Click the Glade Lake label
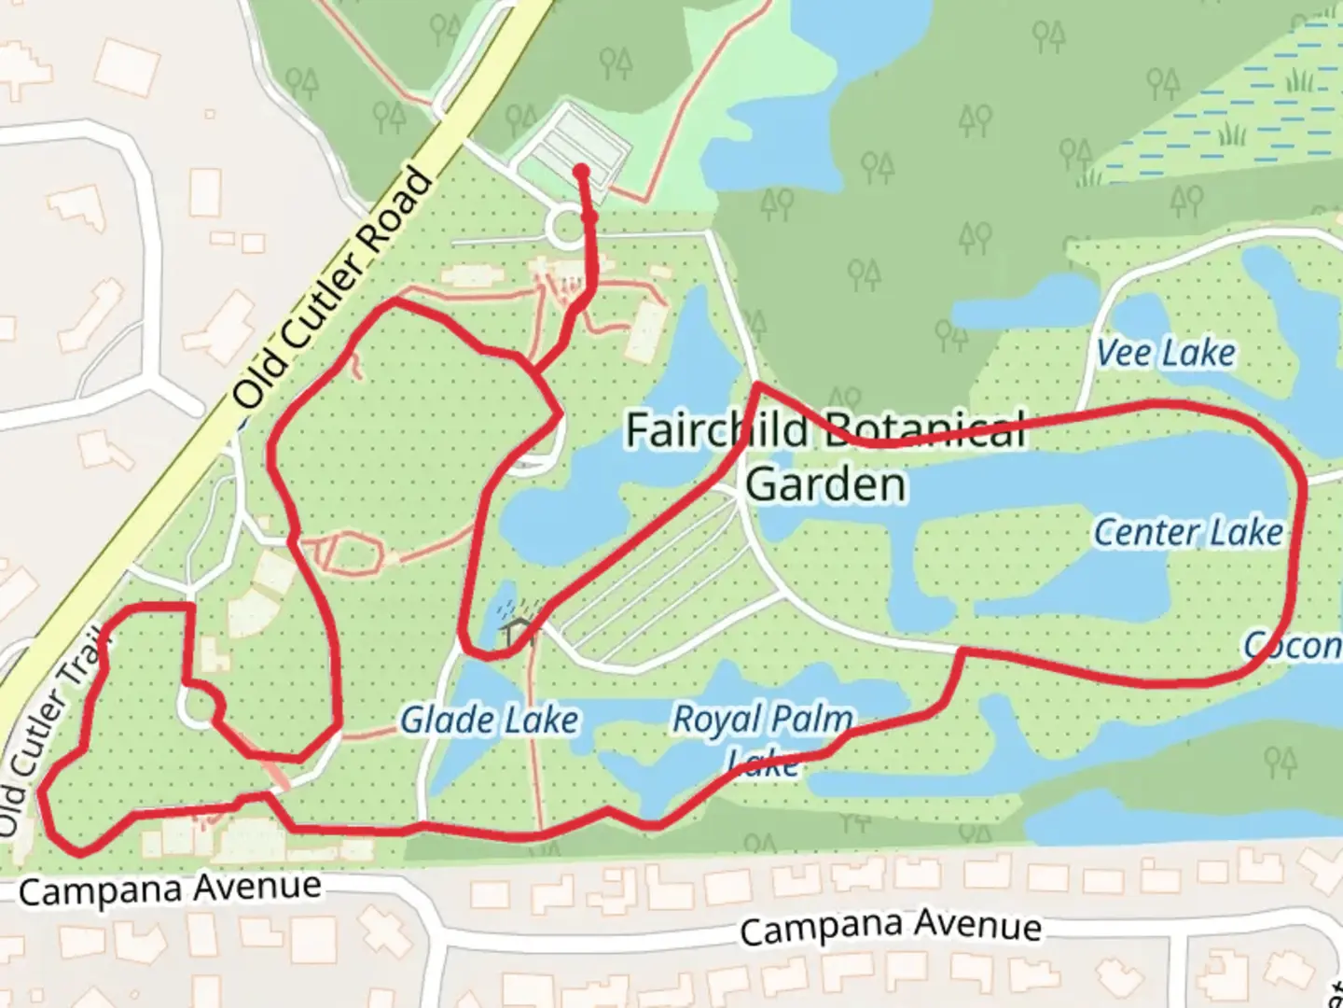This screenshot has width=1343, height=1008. (x=489, y=720)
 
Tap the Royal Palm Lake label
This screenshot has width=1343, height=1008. (x=762, y=737)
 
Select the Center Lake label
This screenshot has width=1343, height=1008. (x=1187, y=532)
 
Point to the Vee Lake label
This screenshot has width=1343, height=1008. (x=1166, y=353)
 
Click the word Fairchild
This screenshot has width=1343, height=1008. (x=716, y=430)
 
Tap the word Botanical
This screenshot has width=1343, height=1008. (x=925, y=430)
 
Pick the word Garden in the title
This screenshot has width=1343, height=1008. (x=825, y=484)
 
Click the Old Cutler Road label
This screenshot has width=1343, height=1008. (x=333, y=287)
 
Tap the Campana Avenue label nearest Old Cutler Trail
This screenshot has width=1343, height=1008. (x=170, y=888)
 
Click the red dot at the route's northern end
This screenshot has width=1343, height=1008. (x=581, y=172)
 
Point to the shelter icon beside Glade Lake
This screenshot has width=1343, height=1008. (x=516, y=631)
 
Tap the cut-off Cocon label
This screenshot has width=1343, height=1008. (x=1292, y=645)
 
